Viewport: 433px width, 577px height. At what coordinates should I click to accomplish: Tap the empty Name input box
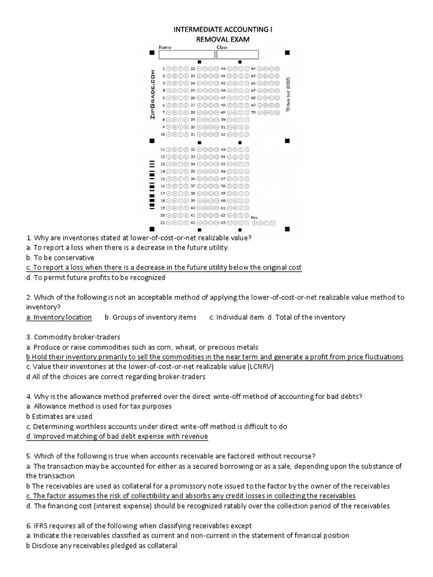(x=185, y=55)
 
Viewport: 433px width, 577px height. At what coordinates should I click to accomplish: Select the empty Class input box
(x=237, y=55)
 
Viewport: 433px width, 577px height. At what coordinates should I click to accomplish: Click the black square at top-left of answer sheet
(x=151, y=53)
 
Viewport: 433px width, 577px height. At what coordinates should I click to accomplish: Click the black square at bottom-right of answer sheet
(x=287, y=229)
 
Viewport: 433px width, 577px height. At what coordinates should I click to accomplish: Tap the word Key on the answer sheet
(x=254, y=217)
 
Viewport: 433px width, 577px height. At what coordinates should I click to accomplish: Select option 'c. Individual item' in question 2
(x=236, y=317)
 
